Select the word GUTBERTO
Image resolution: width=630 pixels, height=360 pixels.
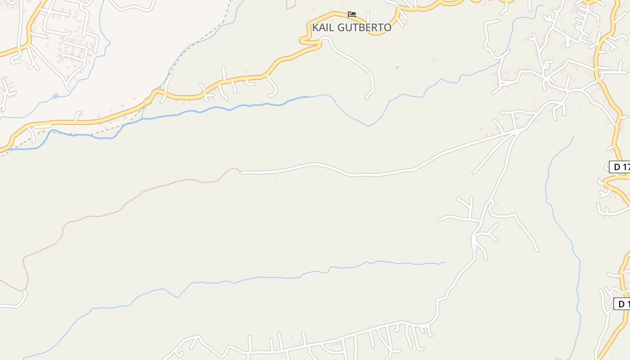(364, 27)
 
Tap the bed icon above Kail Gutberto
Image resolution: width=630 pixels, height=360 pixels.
(352, 14)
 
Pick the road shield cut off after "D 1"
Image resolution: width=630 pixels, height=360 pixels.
(622, 304)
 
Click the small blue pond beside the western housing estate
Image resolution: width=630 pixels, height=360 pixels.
(55, 96)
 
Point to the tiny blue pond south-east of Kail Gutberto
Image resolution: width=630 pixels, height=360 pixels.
(397, 67)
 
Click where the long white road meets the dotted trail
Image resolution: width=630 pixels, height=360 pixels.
(240, 172)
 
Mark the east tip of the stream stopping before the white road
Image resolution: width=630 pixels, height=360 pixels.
(445, 262)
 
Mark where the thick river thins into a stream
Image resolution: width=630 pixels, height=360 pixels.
(309, 97)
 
